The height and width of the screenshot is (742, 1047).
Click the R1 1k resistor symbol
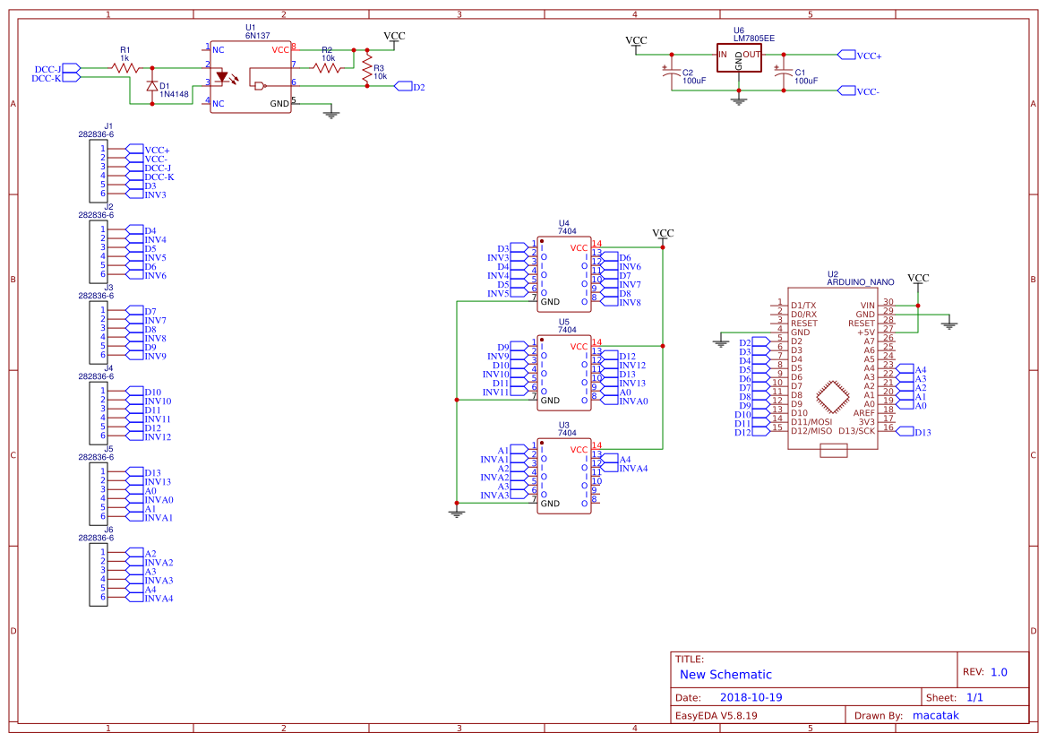pyautogui.click(x=125, y=67)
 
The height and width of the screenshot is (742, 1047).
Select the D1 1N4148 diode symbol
pyautogui.click(x=150, y=86)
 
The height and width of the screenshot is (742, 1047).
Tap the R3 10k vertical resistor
pyautogui.click(x=365, y=72)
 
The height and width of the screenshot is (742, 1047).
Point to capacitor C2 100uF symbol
pyautogui.click(x=671, y=76)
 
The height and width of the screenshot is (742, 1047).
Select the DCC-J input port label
pyautogui.click(x=47, y=68)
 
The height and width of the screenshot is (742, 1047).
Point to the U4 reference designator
pyautogui.click(x=563, y=222)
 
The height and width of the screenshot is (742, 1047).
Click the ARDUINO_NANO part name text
pyautogui.click(x=860, y=281)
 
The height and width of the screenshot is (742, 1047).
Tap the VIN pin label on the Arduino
pyautogui.click(x=866, y=305)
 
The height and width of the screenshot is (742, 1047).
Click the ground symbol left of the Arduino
pyautogui.click(x=721, y=341)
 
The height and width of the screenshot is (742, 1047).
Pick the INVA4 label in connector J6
pyautogui.click(x=159, y=598)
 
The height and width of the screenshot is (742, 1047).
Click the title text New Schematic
pyautogui.click(x=725, y=675)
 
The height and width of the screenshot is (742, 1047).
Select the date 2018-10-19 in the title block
pyautogui.click(x=751, y=697)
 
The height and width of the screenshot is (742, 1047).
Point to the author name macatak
pyautogui.click(x=938, y=715)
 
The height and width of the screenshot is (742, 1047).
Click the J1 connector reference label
pyautogui.click(x=108, y=125)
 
